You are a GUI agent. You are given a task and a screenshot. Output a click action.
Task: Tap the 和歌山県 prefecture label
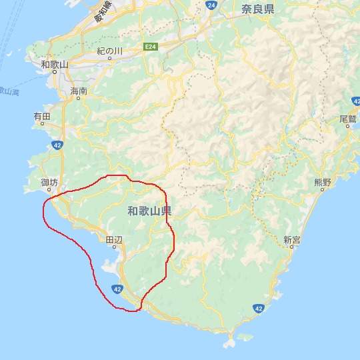[x=149, y=211]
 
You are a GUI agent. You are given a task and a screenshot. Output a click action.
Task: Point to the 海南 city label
[x=78, y=90]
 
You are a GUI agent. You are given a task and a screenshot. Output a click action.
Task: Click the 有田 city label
[x=42, y=117]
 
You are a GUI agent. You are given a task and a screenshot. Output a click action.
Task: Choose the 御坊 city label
[x=49, y=182]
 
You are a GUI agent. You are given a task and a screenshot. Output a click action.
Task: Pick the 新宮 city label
[x=292, y=240]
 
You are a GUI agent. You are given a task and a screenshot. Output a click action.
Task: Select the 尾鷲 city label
[x=349, y=118]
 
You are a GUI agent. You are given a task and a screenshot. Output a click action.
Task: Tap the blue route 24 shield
[x=211, y=5]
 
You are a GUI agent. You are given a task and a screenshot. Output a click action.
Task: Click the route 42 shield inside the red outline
[x=117, y=289]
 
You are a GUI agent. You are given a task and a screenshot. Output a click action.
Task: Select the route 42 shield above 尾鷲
[x=355, y=99]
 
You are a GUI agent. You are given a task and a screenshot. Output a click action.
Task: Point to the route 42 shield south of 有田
[x=61, y=145]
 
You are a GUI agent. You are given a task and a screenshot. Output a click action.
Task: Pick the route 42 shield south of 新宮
[x=259, y=308]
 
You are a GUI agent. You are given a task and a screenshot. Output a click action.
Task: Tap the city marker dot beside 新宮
[x=291, y=248]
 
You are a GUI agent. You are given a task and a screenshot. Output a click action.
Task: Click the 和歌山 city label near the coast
[x=54, y=64]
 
